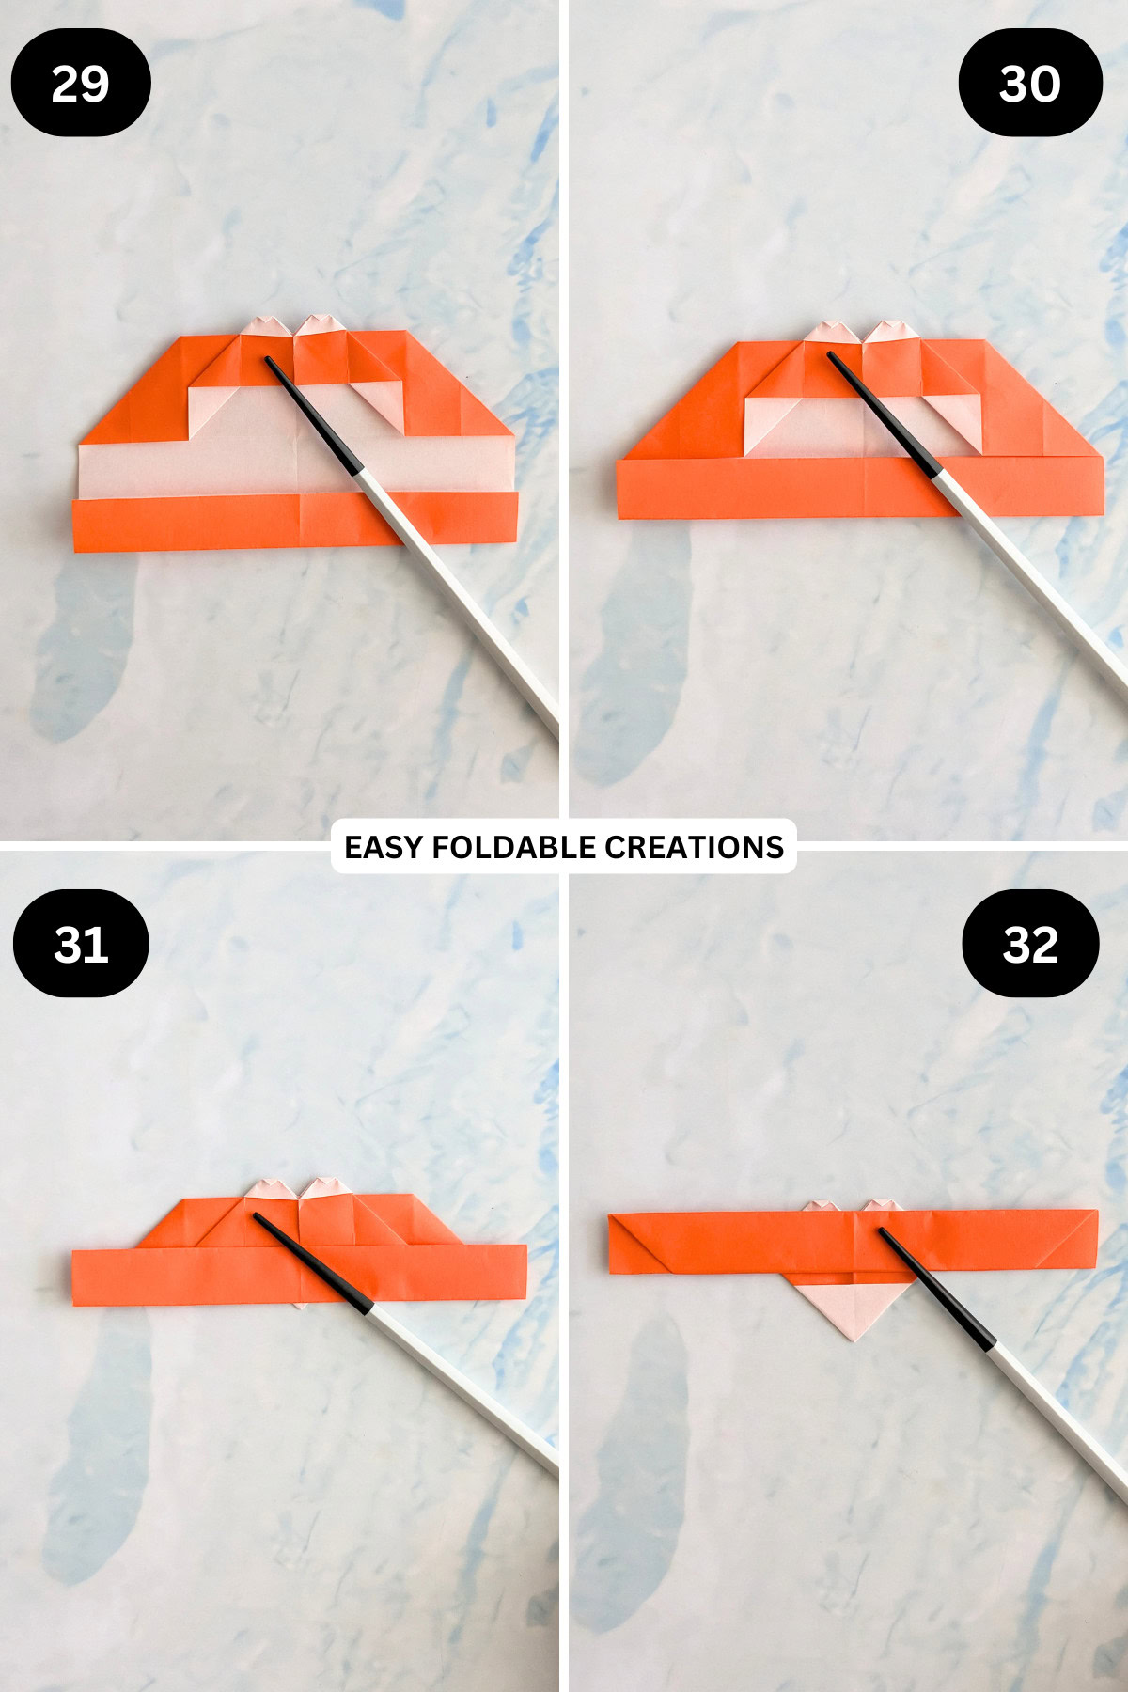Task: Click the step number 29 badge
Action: click(x=81, y=83)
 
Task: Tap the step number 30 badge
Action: click(x=1030, y=83)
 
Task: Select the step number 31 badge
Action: click(x=81, y=944)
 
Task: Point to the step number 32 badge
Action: click(x=1030, y=944)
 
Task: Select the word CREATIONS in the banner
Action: click(x=694, y=847)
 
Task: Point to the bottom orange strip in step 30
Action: click(x=752, y=489)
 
